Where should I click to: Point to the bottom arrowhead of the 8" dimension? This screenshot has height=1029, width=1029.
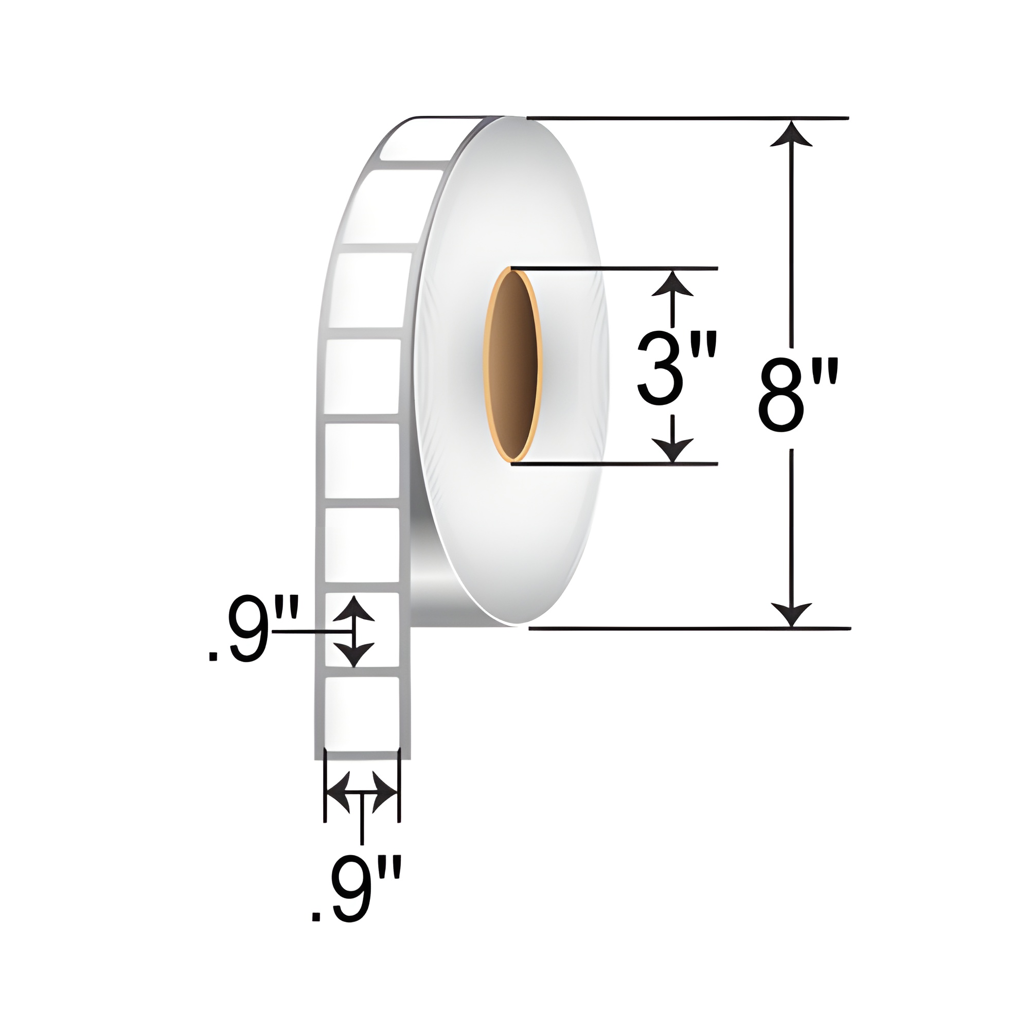(x=792, y=615)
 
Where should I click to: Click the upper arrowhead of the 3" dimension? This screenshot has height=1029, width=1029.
(x=672, y=284)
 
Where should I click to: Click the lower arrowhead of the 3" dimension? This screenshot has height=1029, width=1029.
(x=672, y=450)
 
